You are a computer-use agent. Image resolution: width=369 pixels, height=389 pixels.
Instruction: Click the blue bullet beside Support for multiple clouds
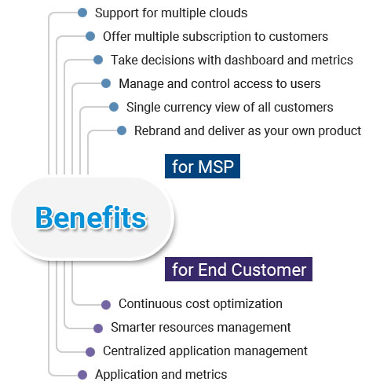82,13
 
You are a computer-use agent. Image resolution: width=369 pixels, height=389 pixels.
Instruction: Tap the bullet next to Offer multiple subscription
90,36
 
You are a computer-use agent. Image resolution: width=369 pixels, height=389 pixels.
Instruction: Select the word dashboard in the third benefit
254,60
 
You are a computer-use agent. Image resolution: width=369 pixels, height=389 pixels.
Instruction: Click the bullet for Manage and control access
106,83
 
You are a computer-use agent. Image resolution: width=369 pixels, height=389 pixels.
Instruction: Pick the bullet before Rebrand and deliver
122,130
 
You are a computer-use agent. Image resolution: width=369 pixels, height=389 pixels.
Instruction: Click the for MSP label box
203,166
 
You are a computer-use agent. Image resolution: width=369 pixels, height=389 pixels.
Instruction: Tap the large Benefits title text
91,218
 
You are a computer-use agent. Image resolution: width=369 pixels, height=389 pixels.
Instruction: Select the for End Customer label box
239,269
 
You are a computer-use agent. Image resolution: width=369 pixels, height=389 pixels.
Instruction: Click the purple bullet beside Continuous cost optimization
106,305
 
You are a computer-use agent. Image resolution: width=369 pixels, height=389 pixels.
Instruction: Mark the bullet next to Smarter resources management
98,328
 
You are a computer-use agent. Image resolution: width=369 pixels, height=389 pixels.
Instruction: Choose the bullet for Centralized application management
90,352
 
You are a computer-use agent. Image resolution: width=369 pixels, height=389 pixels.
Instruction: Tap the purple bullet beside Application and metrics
82,375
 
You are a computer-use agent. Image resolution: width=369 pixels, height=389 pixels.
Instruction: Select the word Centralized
134,350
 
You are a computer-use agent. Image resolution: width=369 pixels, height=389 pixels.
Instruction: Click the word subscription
217,37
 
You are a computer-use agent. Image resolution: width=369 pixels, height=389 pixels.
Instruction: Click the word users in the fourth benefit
306,84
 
